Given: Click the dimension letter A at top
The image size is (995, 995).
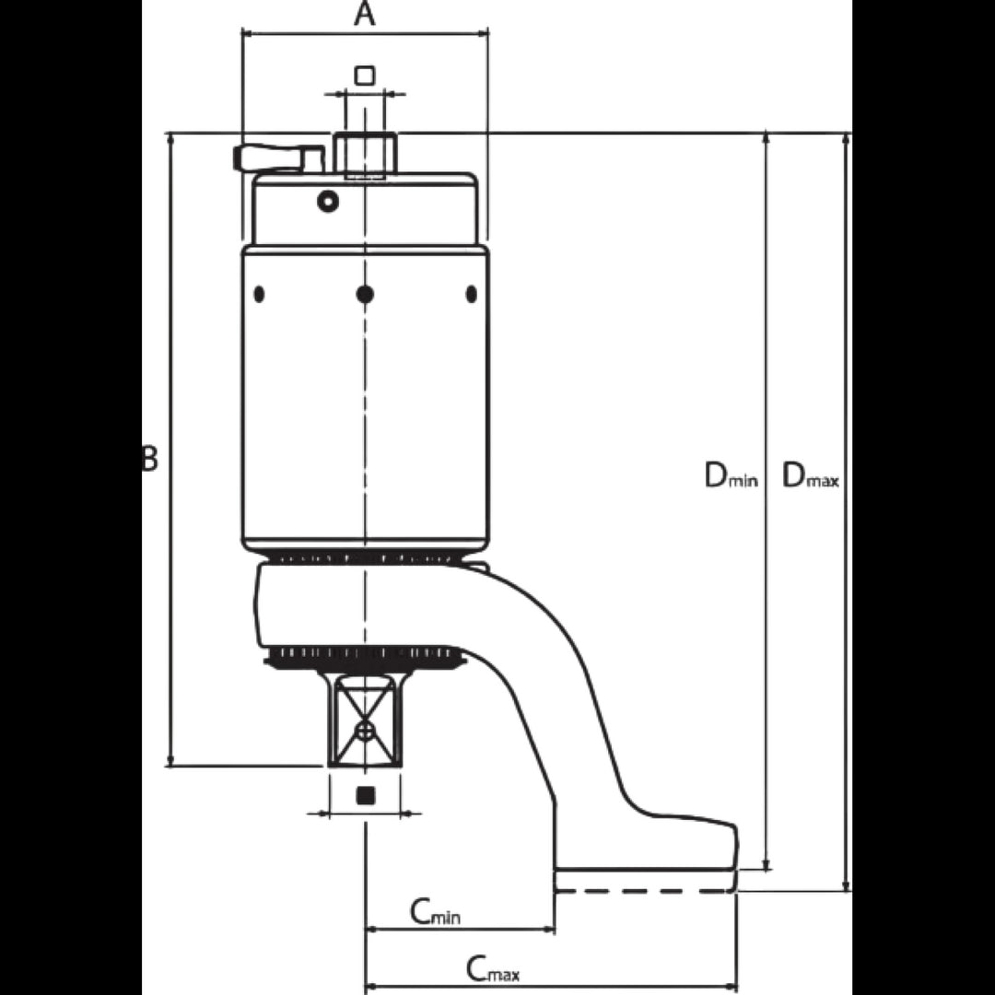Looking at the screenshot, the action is point(364,14).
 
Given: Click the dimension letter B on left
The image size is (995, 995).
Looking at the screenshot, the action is point(149,458).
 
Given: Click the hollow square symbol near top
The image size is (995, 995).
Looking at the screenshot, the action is point(364,76).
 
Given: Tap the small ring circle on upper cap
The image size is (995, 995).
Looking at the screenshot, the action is point(327,202).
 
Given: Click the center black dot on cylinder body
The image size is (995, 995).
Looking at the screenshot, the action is point(365,294).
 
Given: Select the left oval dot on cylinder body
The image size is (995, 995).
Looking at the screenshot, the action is point(259,294).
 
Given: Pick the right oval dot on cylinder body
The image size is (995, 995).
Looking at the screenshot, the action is point(471,294).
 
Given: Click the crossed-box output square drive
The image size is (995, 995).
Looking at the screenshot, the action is point(364,720).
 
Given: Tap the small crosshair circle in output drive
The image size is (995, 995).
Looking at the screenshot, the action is point(364,731).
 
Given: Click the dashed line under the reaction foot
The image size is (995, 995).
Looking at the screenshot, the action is point(645,891).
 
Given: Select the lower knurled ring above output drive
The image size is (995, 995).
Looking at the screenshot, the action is point(365,656).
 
